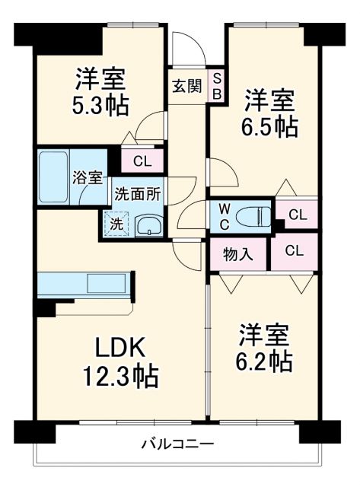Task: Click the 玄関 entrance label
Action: (x=186, y=86)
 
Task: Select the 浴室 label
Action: (x=87, y=177)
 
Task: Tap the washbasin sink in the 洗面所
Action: (x=149, y=224)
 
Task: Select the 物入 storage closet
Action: (x=237, y=253)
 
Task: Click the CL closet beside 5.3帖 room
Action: (x=142, y=161)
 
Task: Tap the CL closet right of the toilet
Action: (x=296, y=215)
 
